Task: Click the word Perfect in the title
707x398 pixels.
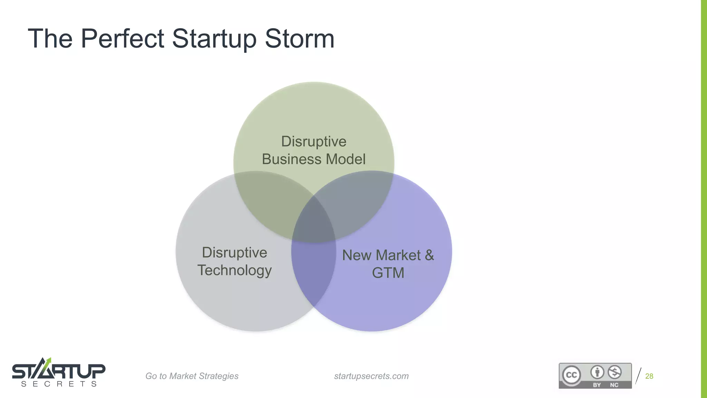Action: tap(122, 38)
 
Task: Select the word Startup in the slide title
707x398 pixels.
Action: tap(214, 38)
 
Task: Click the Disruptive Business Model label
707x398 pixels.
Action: tap(313, 150)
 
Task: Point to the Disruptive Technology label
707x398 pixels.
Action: tap(234, 261)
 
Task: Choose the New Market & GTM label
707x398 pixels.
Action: tap(388, 264)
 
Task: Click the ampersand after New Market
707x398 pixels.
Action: tap(429, 255)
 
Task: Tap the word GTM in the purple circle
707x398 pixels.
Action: tap(388, 273)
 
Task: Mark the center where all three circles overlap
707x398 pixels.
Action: tap(314, 221)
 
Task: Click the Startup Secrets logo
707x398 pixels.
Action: tap(59, 372)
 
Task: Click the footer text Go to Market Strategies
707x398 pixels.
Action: tap(192, 376)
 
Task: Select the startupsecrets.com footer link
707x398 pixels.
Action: tap(371, 376)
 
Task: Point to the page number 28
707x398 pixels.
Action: tap(649, 376)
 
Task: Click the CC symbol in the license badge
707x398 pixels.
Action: tap(571, 375)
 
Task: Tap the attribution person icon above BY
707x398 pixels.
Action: tap(597, 372)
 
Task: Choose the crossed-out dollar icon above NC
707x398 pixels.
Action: tap(614, 372)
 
